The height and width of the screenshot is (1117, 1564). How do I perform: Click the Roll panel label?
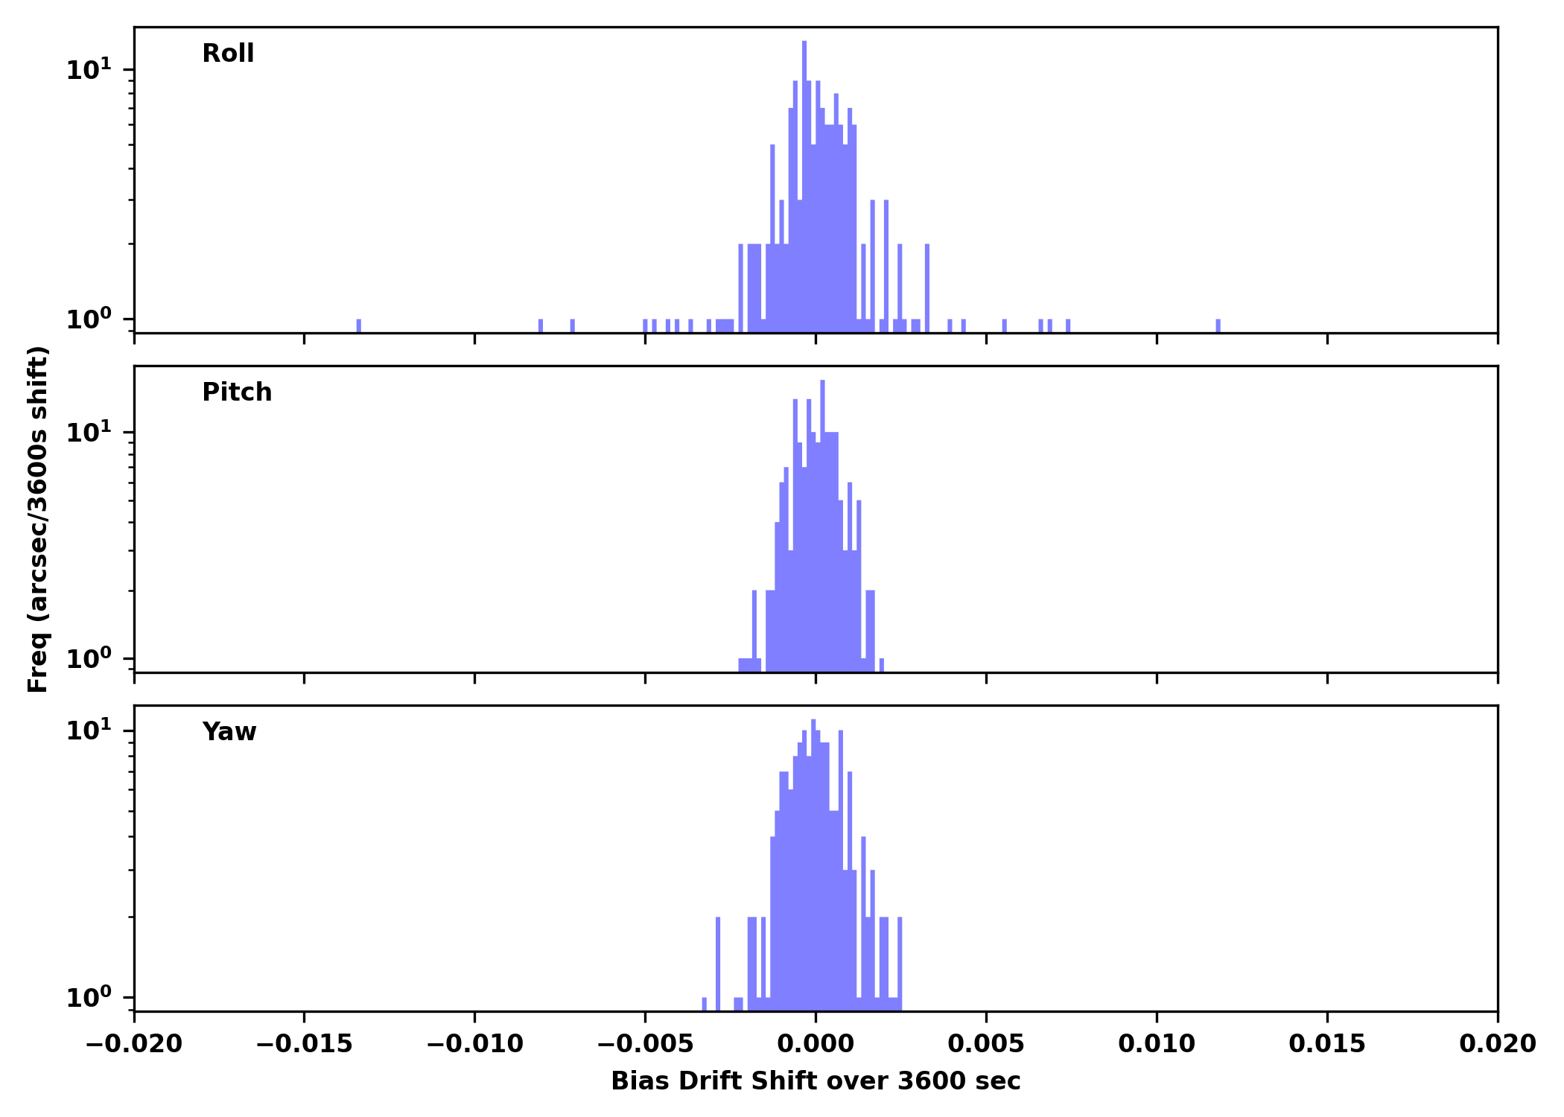[228, 54]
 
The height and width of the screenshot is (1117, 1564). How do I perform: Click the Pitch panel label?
[237, 392]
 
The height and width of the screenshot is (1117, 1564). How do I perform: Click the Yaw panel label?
[229, 732]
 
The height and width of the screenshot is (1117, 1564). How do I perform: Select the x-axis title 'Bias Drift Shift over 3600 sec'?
[816, 1081]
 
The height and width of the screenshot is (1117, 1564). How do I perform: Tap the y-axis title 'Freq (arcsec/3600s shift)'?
[38, 519]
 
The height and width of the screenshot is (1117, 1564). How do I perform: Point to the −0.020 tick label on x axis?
[134, 1044]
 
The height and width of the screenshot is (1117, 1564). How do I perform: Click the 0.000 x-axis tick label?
[816, 1044]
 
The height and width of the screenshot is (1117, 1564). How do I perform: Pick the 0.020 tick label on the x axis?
[1497, 1044]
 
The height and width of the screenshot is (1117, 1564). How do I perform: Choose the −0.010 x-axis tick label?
[474, 1044]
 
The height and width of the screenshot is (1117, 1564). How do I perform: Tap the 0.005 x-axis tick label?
[986, 1044]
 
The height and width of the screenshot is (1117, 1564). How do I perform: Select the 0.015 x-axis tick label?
[1327, 1044]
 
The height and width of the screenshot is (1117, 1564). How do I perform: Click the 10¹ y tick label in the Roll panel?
[89, 71]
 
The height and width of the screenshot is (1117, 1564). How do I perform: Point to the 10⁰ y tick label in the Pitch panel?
[89, 659]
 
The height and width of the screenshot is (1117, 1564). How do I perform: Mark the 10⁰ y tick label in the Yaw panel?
[89, 998]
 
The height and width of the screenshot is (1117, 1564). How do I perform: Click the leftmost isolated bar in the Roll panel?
[359, 326]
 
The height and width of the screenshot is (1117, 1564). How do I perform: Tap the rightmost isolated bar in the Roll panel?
[1218, 326]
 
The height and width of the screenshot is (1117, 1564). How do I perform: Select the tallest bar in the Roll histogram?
[804, 186]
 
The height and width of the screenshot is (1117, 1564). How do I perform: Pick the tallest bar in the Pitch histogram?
[822, 521]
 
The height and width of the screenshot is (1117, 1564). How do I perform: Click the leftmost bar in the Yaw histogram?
[705, 1004]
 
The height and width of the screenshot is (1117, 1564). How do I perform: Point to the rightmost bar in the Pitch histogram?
[882, 665]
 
